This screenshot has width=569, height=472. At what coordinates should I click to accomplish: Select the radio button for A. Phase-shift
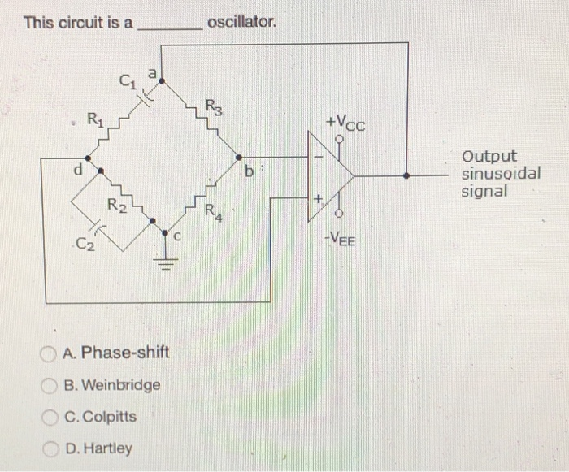(50, 353)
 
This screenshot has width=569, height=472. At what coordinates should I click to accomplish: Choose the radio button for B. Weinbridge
(50, 385)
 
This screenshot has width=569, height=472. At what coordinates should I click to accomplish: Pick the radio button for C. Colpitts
(50, 417)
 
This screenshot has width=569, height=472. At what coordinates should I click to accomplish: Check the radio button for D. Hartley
(50, 448)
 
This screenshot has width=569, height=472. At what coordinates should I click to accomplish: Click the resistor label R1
(94, 124)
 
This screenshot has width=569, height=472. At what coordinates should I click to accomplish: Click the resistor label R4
(212, 214)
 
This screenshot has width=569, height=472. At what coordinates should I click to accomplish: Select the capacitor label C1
(126, 80)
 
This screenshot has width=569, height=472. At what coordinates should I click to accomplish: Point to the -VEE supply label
(342, 239)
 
